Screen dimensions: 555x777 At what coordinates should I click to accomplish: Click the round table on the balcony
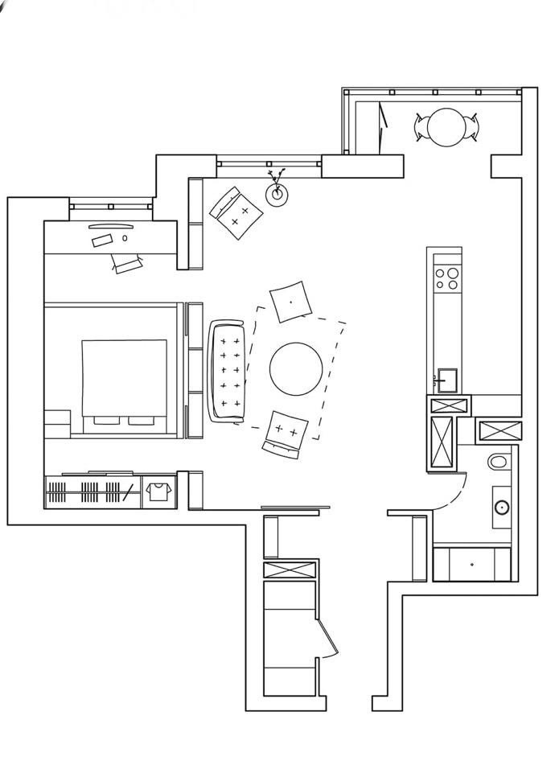446,126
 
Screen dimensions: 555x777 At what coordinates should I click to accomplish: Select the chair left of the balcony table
421,126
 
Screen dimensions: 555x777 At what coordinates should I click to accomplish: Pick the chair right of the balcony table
475,126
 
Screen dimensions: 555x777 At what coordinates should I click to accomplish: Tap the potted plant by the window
277,192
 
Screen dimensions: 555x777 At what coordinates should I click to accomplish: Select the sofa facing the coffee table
227,371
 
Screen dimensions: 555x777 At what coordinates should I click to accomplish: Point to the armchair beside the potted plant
236,212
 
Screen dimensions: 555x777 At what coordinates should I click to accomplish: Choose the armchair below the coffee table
285,433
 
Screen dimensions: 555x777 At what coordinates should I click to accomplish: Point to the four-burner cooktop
446,278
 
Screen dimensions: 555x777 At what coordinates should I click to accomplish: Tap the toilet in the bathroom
499,462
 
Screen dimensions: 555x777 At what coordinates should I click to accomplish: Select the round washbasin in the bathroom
502,507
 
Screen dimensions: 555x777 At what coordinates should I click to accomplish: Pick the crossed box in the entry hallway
290,570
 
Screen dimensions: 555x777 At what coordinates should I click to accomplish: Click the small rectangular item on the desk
102,240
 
